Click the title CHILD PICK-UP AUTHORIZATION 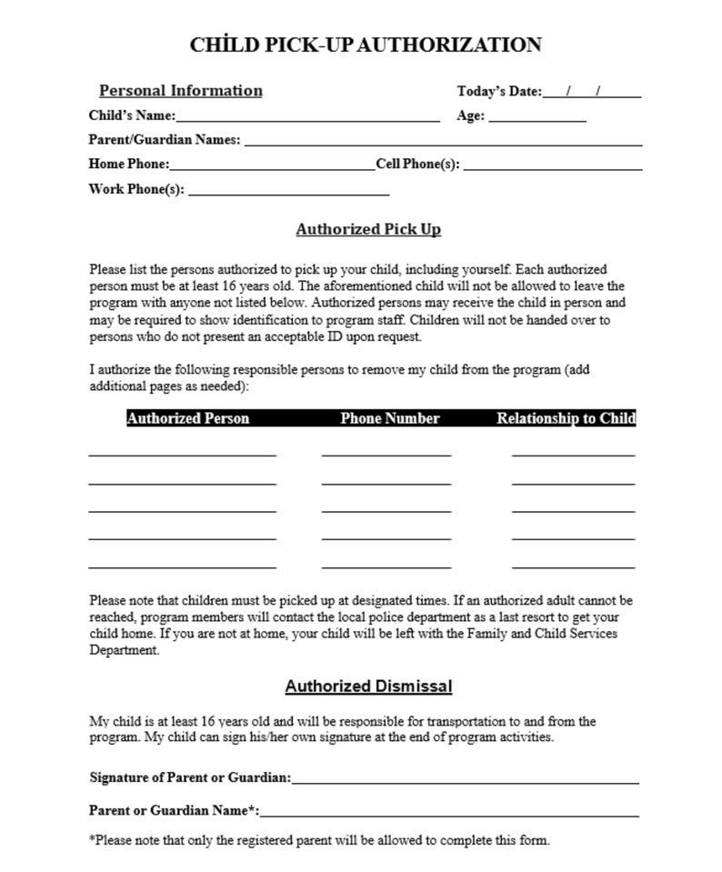point(365,45)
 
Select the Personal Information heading point(180,91)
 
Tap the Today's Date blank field point(591,91)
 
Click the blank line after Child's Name point(308,116)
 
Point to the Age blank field point(537,116)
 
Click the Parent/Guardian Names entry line point(443,141)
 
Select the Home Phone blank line point(272,165)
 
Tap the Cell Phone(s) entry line point(552,165)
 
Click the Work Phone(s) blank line point(288,190)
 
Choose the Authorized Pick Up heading point(368,229)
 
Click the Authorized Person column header point(187,418)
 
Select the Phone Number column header point(389,418)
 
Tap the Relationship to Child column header point(566,418)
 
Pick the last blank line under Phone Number point(386,565)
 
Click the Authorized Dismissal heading point(368,687)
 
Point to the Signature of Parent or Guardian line point(465,778)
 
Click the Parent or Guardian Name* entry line point(449,810)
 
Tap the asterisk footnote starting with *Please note point(319,840)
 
